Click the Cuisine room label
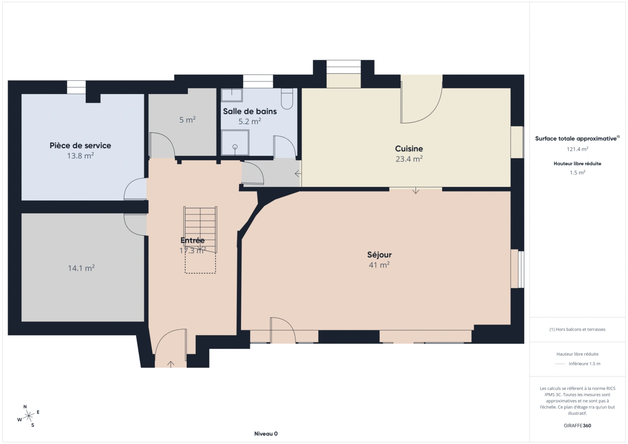[x=409, y=149]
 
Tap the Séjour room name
[x=379, y=255]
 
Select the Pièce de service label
[x=80, y=146]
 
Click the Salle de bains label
[x=250, y=111]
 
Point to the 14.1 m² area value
[x=81, y=268]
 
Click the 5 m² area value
[x=187, y=120]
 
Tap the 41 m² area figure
[x=379, y=265]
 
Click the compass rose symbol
[x=29, y=416]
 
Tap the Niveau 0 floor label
[x=266, y=434]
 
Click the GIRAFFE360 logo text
[x=577, y=425]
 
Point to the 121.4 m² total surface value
[x=577, y=149]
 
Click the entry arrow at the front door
[x=171, y=364]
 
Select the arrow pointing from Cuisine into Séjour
[x=416, y=190]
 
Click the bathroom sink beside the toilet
[x=232, y=95]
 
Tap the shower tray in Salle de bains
[x=235, y=143]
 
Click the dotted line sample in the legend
[x=560, y=364]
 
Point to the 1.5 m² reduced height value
[x=577, y=173]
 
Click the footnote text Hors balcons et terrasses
[x=577, y=329]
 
